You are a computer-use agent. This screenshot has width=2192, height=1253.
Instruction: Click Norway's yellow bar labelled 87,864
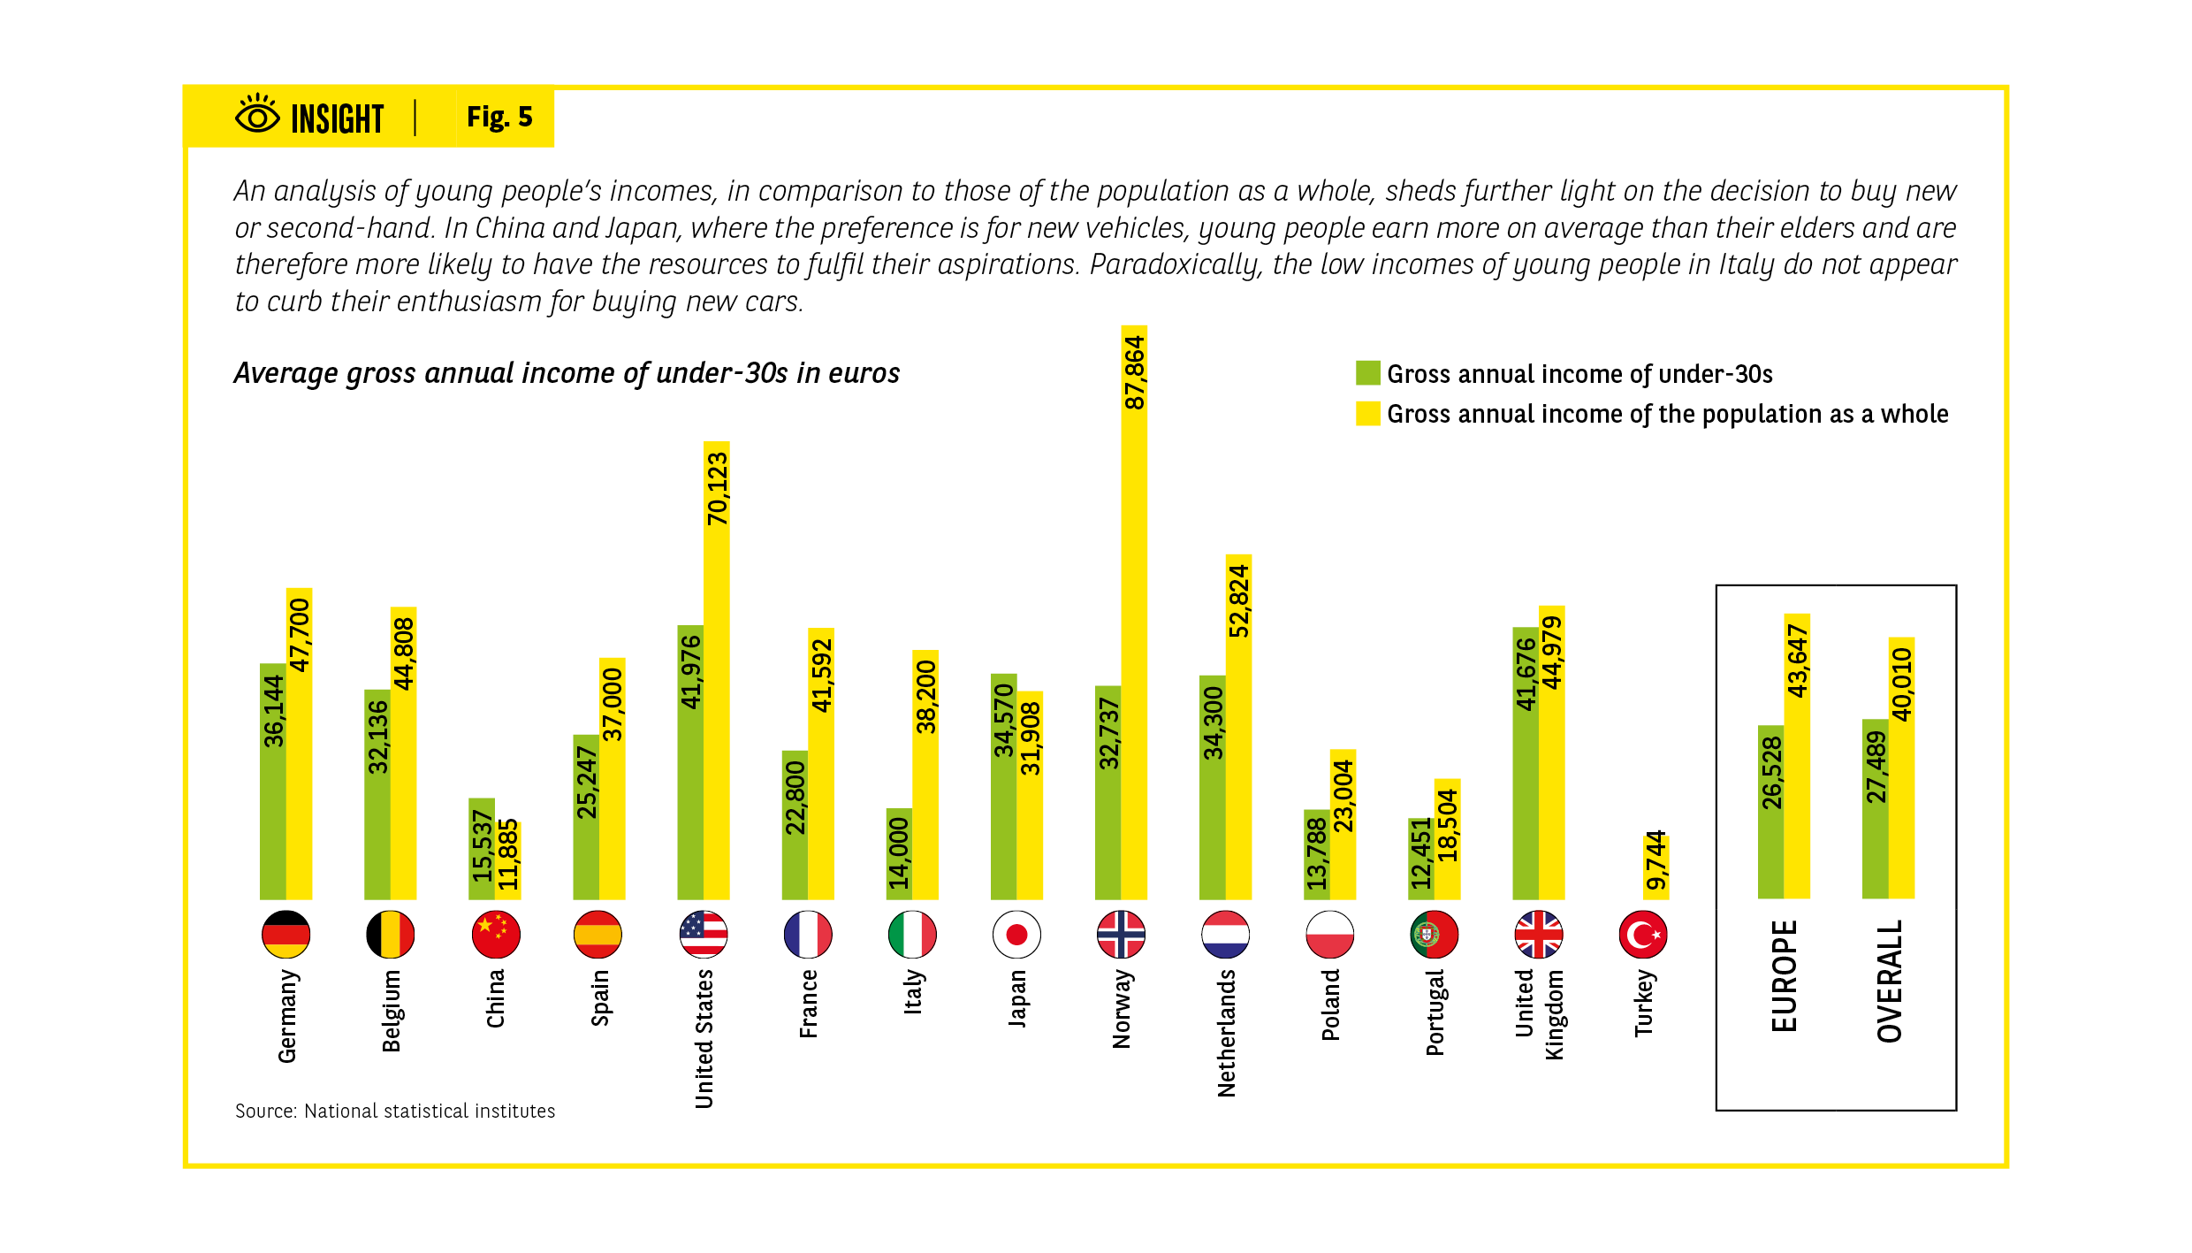coord(1134,619)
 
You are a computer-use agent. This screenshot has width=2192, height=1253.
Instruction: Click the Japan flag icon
coord(1016,935)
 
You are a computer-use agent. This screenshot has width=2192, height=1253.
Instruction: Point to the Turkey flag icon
coord(1643,935)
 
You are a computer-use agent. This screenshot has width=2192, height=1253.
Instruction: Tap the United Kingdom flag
coord(1539,935)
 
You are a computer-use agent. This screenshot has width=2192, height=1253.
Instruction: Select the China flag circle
coord(496,935)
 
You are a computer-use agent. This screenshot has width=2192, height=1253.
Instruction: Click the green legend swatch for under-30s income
coord(1367,373)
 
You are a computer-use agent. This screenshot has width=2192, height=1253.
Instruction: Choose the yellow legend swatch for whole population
coord(1367,414)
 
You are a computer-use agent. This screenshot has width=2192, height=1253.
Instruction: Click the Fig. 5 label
coord(499,117)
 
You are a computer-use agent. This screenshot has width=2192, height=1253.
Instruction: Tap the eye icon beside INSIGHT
coord(257,115)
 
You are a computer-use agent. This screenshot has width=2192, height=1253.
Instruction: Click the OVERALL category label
coord(1889,981)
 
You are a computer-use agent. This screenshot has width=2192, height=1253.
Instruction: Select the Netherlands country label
coord(1226,1033)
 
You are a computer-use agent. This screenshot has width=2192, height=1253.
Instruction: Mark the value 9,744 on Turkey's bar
coord(1655,860)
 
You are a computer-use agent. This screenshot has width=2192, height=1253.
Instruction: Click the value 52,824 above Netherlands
coord(1238,601)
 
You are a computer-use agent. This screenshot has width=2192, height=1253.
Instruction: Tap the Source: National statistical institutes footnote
coord(395,1111)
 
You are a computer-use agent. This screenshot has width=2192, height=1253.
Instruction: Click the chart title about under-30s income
coord(567,373)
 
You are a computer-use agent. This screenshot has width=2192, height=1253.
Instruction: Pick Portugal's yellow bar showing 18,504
coord(1447,840)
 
